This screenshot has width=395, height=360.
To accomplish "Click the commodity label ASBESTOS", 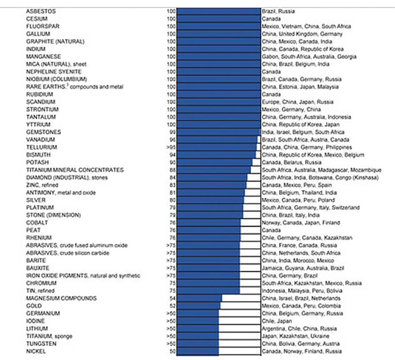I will pos(41,11).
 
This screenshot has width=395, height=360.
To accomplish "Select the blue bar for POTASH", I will pos(214,162).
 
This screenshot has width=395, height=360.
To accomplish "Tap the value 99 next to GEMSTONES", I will pos(172,132).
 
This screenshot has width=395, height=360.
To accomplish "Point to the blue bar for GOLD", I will pos(198,306).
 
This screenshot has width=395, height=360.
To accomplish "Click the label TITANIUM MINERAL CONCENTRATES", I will pos(75,170).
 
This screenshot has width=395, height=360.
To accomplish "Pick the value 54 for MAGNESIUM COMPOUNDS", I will pos(172,298).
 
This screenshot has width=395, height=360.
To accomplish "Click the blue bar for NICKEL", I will pos(197,351).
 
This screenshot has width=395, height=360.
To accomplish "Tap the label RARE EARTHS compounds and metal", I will pos(75,87).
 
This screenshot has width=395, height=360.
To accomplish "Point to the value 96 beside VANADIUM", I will pos(172,140).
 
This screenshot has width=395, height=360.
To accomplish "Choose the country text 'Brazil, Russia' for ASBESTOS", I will pos(278,11).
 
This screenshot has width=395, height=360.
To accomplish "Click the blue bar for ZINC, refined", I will pos(211,185).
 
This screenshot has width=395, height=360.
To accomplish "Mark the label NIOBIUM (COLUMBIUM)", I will pos(56,79).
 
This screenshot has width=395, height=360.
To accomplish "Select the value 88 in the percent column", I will pos(172,170).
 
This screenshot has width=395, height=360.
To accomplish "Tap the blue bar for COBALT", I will pos(209,223).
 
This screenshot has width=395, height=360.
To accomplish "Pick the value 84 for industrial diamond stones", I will pos(172,177).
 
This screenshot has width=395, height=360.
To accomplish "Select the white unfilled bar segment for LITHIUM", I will pos(239,329).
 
